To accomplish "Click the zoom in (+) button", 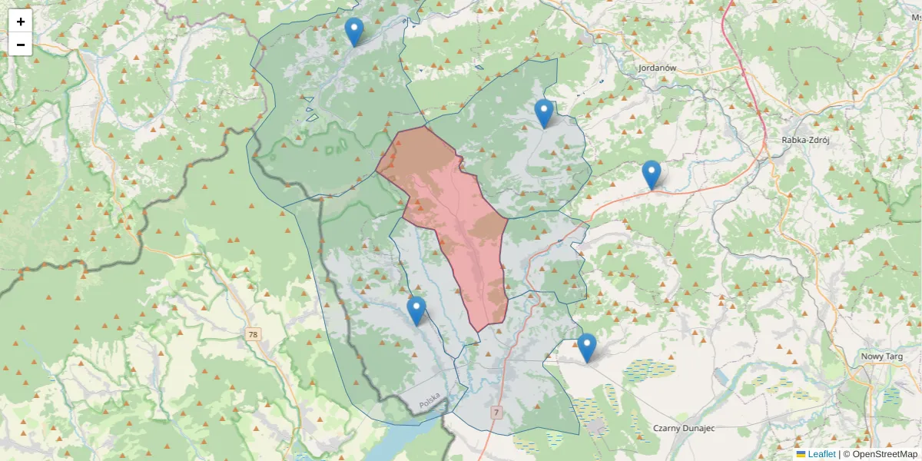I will click(21, 22).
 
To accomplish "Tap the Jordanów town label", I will click(657, 68).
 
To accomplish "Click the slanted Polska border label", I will click(429, 400).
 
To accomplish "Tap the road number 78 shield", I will click(254, 335).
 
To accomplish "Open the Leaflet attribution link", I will click(821, 454).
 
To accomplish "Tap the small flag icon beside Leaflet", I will click(801, 454).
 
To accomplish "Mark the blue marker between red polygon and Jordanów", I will click(544, 114).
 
